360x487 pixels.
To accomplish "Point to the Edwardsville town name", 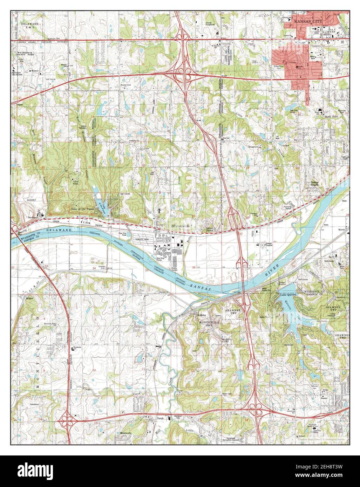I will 182,227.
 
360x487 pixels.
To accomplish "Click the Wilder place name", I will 30,299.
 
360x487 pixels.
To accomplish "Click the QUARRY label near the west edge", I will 22,200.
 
